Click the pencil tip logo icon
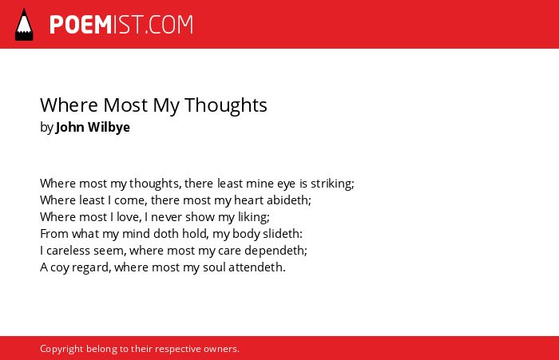point(24,25)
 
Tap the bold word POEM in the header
point(81,25)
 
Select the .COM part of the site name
point(169,25)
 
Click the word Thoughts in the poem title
point(226,105)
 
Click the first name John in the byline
point(70,127)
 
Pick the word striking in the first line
point(332,184)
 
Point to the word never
point(166,217)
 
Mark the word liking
point(254,217)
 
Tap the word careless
point(69,251)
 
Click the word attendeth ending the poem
point(257,267)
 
